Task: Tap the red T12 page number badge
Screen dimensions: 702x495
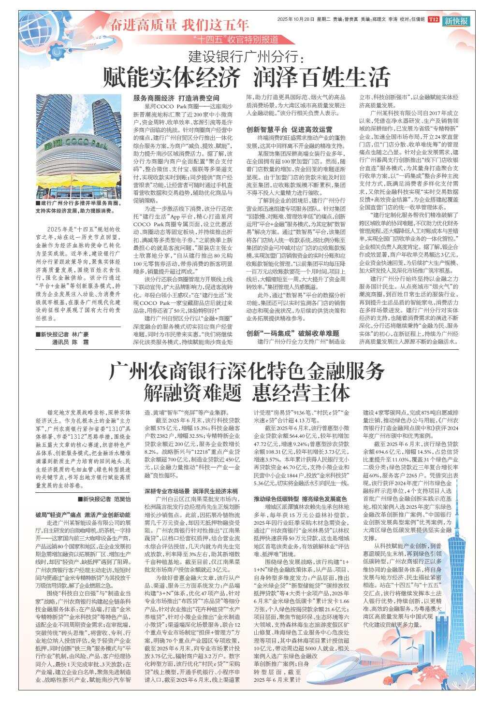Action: [434, 20]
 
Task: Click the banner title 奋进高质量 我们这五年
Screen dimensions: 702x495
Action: [179, 25]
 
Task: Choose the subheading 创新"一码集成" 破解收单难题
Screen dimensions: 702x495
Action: [293, 333]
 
